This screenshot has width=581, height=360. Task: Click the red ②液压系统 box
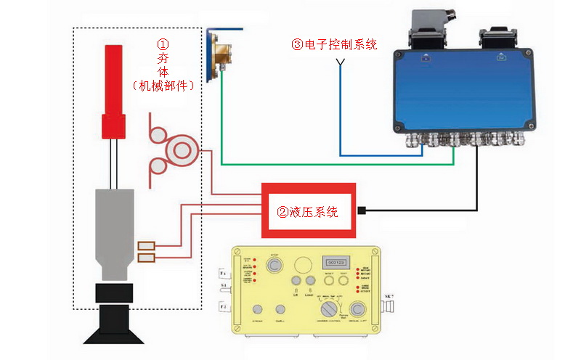pos(309,211)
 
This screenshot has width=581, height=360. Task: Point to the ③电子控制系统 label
pos(335,44)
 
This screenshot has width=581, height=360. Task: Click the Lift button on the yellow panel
pos(296,280)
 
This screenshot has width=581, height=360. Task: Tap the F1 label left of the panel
pos(224,273)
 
